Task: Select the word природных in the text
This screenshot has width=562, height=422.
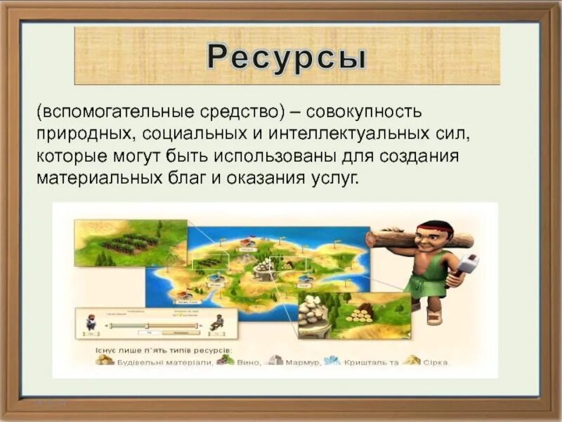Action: [x=84, y=133]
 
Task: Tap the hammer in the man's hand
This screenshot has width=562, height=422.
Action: [x=467, y=266]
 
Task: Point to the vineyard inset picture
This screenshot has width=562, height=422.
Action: [x=131, y=243]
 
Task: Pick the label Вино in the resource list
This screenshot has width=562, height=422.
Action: [x=249, y=362]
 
